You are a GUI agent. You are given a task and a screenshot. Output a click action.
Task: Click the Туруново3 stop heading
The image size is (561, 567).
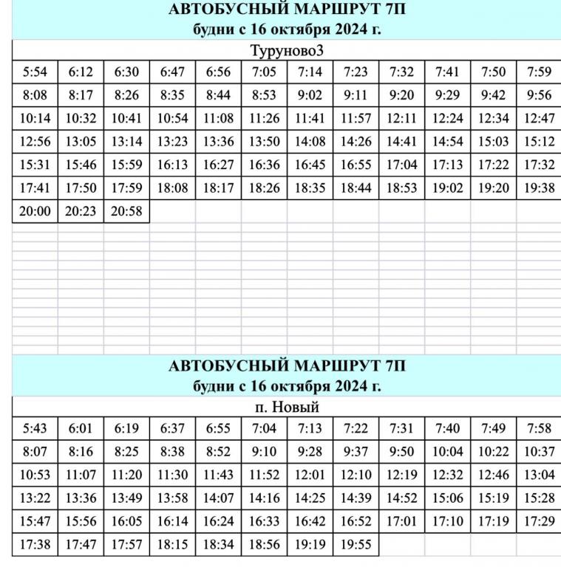tap(287, 50)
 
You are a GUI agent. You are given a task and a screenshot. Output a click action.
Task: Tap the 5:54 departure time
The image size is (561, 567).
tap(35, 72)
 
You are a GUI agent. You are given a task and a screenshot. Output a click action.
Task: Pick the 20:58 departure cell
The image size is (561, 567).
tap(126, 212)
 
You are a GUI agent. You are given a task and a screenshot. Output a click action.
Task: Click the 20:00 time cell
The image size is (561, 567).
tap(35, 212)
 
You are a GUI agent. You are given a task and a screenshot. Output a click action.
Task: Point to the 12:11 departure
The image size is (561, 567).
tap(401, 119)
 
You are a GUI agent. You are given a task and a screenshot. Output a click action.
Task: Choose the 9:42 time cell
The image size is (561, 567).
tap(493, 95)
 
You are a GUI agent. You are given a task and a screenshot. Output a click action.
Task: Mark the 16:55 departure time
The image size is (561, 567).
tap(356, 165)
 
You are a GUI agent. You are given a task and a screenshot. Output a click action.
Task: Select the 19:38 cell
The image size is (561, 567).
tap(539, 188)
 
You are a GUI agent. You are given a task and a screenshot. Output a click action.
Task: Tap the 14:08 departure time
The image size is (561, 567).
tap(310, 142)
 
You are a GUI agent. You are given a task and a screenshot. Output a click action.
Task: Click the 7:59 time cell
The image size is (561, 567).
tap(539, 72)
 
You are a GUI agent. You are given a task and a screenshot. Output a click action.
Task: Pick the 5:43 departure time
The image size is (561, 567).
tap(35, 429)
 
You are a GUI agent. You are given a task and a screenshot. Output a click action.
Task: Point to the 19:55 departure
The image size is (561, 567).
tap(356, 546)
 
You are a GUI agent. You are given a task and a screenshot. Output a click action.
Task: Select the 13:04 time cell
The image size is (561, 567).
tap(539, 475)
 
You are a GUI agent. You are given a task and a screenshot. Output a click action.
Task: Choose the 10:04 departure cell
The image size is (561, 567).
tap(447, 452)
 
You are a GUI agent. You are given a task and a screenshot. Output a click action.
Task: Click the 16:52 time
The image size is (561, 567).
tap(356, 522)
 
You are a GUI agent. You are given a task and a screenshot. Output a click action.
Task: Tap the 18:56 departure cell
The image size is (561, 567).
tap(264, 546)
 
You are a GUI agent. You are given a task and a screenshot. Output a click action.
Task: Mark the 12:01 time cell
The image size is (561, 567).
tap(310, 475)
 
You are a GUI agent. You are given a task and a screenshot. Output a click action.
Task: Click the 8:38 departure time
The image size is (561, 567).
tap(172, 452)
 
